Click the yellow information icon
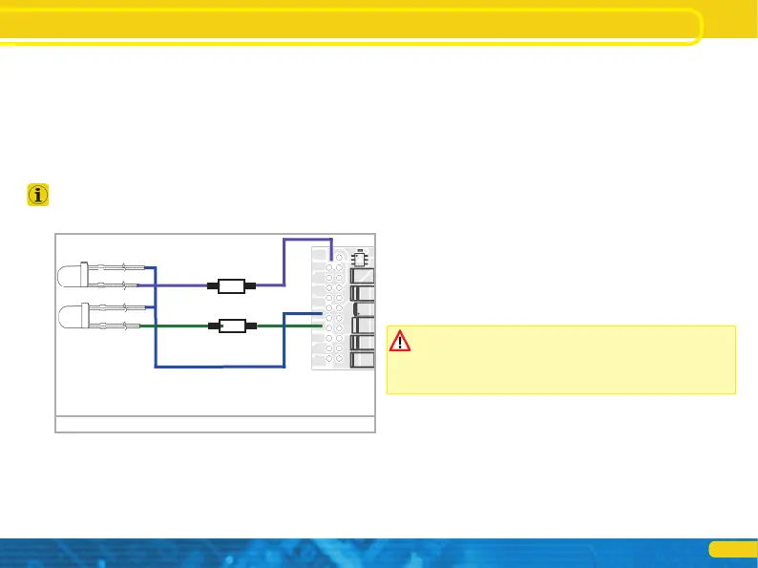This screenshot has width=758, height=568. point(37,197)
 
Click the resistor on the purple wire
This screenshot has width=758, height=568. point(230,284)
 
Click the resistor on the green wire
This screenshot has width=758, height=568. point(230,326)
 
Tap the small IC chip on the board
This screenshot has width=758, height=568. point(360,258)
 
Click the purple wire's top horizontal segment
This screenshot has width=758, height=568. point(307,241)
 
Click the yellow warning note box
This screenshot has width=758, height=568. point(560,360)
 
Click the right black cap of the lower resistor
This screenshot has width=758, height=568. point(252,326)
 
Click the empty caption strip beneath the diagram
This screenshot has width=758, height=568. point(215,425)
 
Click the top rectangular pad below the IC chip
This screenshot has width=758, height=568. point(363,277)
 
